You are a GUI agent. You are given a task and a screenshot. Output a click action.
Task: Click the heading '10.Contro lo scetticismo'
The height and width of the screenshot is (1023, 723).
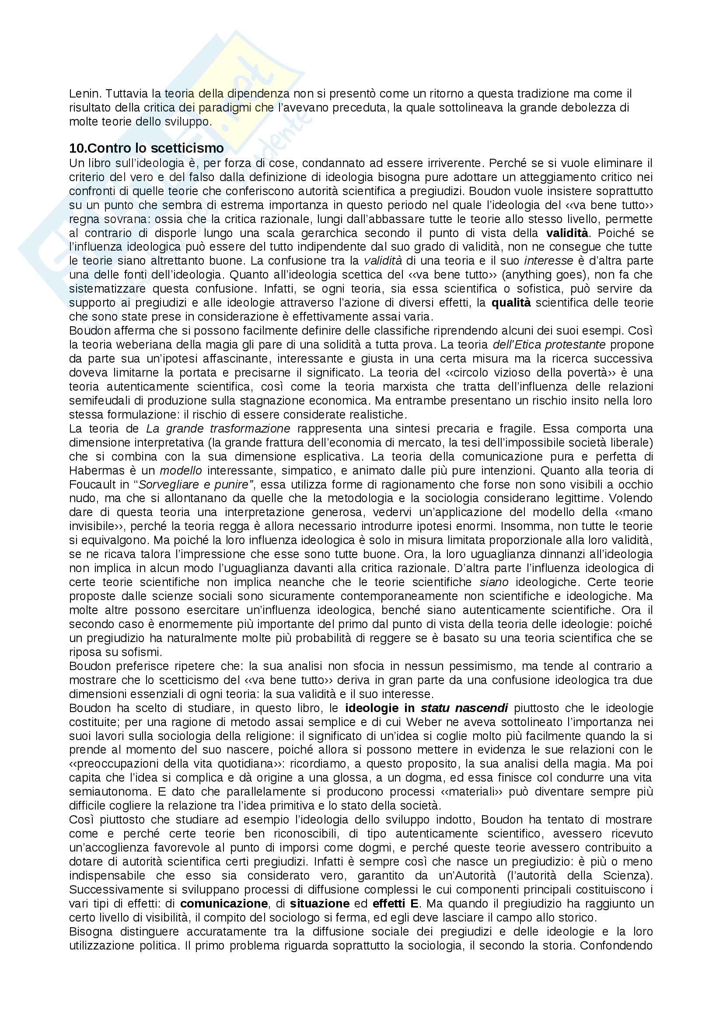click(146, 148)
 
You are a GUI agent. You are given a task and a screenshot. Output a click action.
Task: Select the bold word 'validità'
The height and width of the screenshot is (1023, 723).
click(567, 233)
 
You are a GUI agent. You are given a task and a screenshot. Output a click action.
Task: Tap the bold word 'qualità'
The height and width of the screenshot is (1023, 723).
click(511, 303)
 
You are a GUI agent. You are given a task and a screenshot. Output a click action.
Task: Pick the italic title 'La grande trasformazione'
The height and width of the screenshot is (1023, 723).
click(218, 429)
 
